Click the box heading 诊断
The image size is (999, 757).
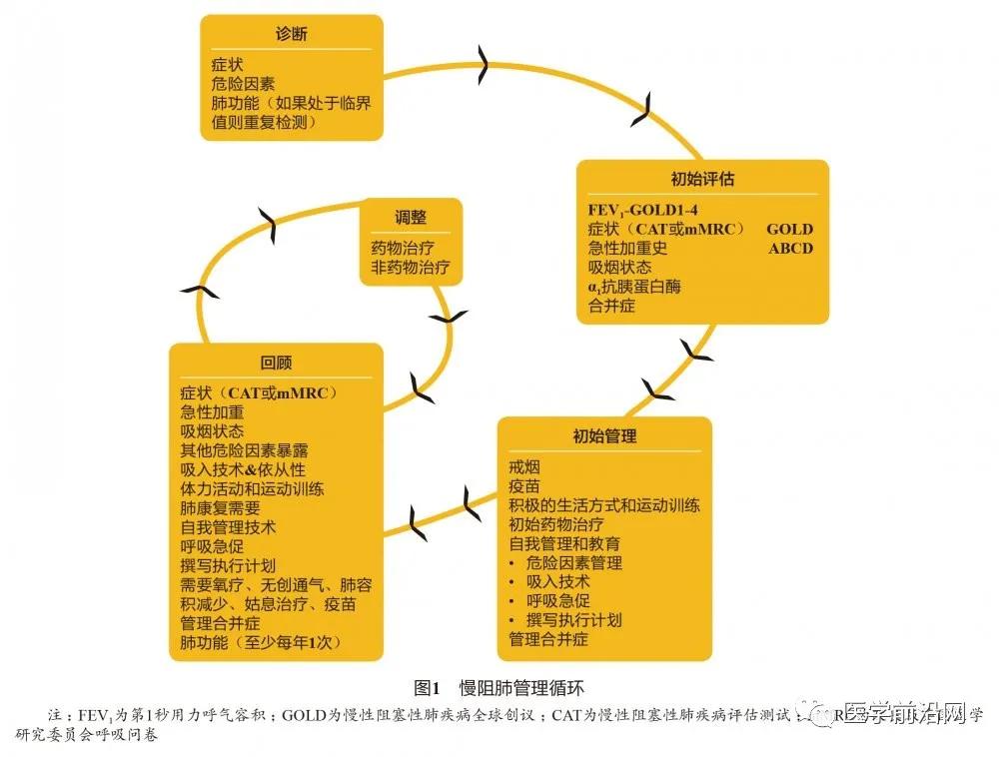[x=291, y=34]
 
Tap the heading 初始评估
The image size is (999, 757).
[x=703, y=180]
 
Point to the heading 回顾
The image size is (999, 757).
[x=276, y=363]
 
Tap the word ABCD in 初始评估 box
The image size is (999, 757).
[x=790, y=249]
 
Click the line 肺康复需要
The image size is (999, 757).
[x=220, y=507]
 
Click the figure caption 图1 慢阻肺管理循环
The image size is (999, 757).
[x=498, y=688]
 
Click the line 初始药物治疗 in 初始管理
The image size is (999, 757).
[x=556, y=524]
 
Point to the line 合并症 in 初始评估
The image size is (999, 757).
[x=611, y=306]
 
